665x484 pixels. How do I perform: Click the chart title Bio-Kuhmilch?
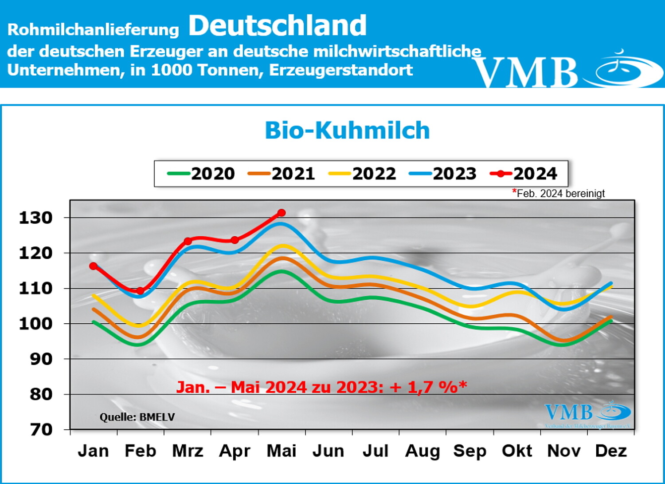tap(347, 131)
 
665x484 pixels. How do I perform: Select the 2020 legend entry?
tap(201, 174)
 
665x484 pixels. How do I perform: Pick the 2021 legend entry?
tap(282, 174)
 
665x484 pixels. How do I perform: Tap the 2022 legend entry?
tap(363, 174)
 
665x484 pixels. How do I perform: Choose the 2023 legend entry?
tap(443, 174)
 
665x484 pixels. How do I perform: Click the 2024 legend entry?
tap(524, 174)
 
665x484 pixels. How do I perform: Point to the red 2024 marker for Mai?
tap(281, 213)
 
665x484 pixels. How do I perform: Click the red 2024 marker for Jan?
tap(93, 266)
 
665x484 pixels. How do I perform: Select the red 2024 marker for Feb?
tap(140, 291)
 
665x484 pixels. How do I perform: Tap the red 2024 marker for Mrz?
tap(188, 241)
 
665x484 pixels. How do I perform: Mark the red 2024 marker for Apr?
tap(235, 240)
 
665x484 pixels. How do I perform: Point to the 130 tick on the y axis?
tap(35, 218)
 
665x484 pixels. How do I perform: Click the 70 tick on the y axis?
tap(41, 429)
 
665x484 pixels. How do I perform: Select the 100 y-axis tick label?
tap(35, 324)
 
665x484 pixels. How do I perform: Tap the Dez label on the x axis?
tap(610, 451)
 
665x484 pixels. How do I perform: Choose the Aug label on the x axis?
tap(422, 451)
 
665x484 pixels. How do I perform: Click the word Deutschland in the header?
tap(278, 25)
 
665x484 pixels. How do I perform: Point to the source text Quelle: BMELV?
tap(137, 417)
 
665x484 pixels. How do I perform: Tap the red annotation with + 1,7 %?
tap(321, 387)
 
